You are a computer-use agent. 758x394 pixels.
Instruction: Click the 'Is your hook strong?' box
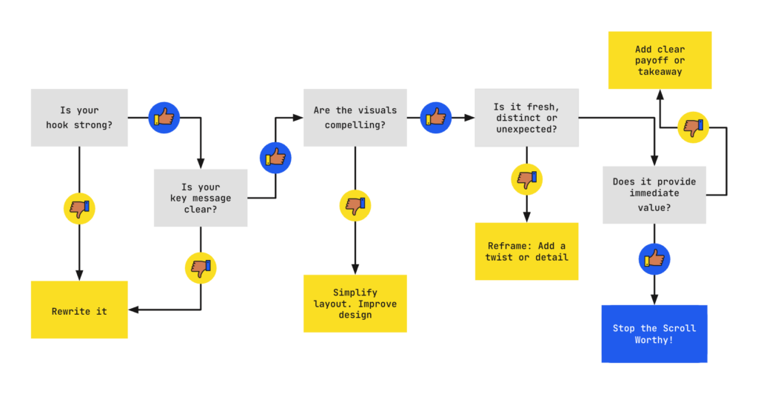pos(79,117)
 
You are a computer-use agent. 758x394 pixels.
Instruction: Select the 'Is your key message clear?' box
pos(201,198)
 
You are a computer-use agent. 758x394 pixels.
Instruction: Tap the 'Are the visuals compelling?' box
pos(355,117)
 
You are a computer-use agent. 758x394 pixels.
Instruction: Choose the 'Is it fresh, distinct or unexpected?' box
pos(526,118)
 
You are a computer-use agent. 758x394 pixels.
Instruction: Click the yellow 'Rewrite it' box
pos(79,310)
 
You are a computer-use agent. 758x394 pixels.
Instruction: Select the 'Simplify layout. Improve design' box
pos(355,303)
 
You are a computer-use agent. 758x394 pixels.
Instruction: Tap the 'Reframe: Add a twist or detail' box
pos(526,251)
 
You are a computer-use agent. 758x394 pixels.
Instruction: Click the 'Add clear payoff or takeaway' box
pos(660,60)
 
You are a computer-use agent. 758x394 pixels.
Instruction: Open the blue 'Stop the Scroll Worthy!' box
pos(654,333)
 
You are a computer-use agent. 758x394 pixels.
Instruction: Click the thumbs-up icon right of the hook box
pos(164,117)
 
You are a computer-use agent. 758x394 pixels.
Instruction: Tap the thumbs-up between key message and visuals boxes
pos(275,157)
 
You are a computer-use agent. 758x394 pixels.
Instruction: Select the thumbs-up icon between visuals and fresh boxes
pos(436,117)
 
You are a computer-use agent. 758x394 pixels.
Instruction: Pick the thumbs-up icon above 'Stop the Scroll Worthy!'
pos(654,258)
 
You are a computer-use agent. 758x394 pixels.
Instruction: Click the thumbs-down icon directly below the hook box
pos(78,208)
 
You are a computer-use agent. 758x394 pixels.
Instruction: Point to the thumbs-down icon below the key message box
pos(200,267)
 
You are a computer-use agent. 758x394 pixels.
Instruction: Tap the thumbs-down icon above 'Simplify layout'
pos(355,204)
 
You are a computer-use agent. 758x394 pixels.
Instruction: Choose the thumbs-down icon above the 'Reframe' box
pos(526,178)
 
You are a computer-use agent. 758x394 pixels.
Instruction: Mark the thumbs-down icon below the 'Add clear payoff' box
pos(693,127)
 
